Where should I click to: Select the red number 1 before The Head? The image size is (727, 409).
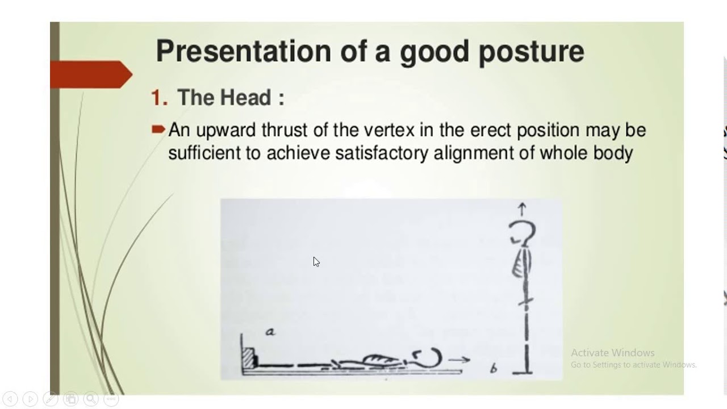coord(158,98)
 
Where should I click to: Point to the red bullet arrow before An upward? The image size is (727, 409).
coord(158,130)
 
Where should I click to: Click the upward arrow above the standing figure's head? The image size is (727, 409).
coord(522,209)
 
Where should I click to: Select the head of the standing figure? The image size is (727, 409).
coord(522,233)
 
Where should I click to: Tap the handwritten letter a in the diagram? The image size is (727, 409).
coord(270,332)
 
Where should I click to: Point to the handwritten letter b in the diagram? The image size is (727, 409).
coord(494,369)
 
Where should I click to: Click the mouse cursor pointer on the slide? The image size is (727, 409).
coord(316,261)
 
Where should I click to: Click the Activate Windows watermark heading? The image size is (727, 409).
coord(612,353)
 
